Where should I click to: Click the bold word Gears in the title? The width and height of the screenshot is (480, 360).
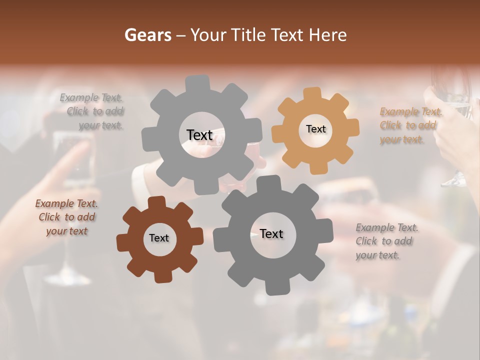(x=147, y=35)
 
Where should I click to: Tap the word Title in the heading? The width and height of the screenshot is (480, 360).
(x=249, y=35)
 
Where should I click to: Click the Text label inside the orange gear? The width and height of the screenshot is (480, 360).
(x=315, y=129)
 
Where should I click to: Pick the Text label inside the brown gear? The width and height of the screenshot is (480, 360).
(x=159, y=238)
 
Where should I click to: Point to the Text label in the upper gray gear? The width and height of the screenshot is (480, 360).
(x=199, y=135)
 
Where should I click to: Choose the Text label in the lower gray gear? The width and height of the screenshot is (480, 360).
(x=271, y=233)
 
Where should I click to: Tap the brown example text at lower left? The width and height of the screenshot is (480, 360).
(x=66, y=217)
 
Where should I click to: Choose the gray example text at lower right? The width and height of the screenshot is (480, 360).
(x=386, y=241)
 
